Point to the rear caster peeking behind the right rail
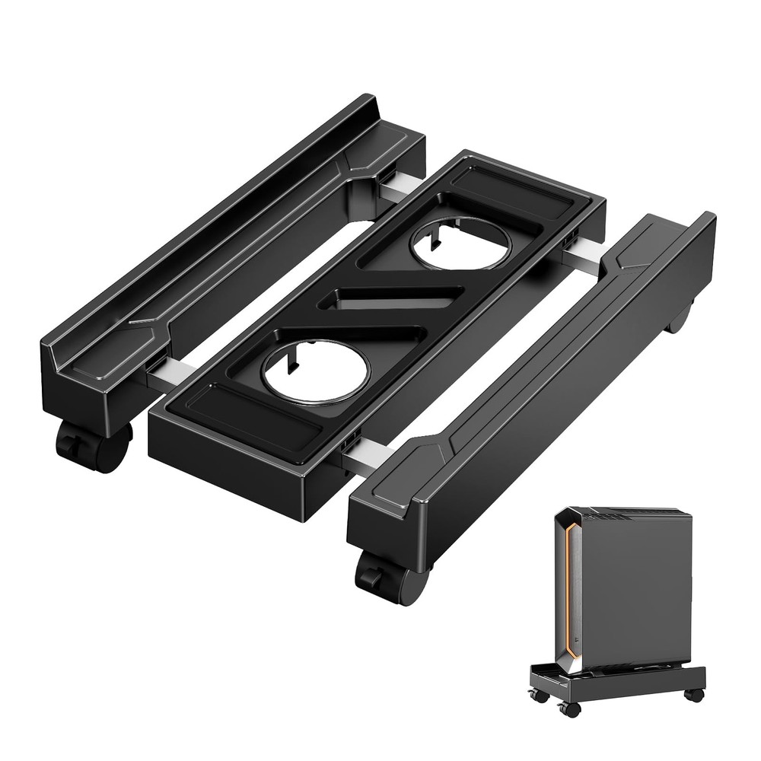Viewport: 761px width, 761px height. click(680, 318)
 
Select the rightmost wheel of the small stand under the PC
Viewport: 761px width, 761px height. click(693, 695)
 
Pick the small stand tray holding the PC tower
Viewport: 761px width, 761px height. click(616, 680)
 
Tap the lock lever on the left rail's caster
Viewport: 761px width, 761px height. click(71, 443)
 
